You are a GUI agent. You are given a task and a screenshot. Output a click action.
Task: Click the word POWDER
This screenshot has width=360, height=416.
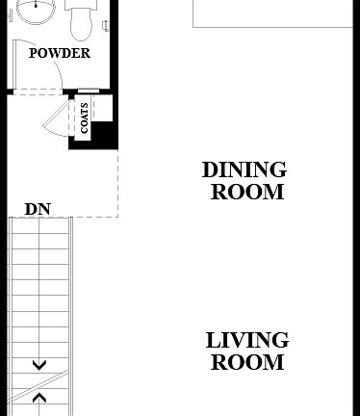(x=60, y=53)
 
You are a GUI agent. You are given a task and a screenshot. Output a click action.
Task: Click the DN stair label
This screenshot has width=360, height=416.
(x=38, y=209)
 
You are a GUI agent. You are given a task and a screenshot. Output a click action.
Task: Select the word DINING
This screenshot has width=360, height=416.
(x=244, y=170)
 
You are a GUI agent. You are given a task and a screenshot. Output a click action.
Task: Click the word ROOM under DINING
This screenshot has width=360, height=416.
(x=247, y=192)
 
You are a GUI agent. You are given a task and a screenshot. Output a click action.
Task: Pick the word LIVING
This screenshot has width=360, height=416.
(x=247, y=340)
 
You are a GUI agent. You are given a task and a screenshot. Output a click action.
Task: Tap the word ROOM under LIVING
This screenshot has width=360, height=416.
(x=247, y=362)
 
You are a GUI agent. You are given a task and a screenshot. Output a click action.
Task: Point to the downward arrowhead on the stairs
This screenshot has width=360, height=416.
(x=39, y=365)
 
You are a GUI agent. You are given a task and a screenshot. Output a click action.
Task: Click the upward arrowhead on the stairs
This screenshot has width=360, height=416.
(x=39, y=396)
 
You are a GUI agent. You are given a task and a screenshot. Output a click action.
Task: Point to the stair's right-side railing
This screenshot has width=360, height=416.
(x=72, y=308)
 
